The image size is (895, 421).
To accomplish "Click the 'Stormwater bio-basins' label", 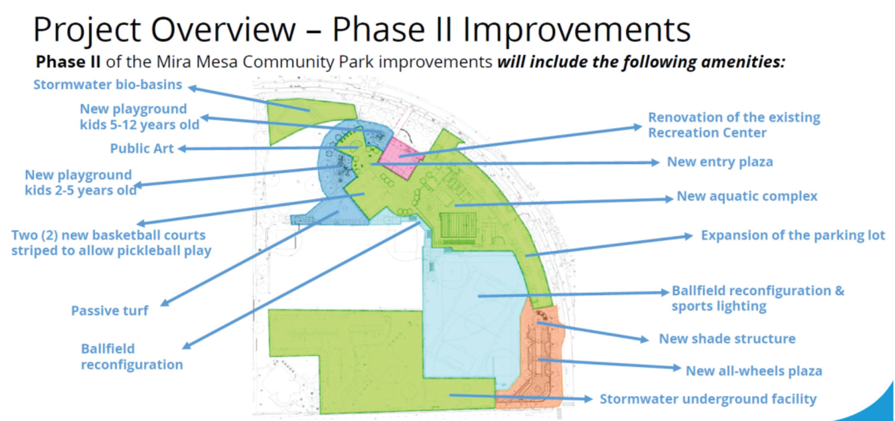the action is [x=108, y=84].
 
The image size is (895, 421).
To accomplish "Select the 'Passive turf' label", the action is [x=109, y=311].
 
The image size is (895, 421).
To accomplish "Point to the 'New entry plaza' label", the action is [x=720, y=162].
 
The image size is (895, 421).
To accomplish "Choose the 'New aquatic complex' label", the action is [x=747, y=196].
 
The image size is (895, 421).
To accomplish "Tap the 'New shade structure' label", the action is [x=727, y=339].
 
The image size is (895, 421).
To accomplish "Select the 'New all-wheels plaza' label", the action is [x=754, y=371].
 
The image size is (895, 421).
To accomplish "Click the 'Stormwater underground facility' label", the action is [x=708, y=399].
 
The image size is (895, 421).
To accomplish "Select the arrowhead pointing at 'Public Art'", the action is [x=182, y=149].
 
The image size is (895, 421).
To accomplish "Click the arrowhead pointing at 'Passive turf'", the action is [x=165, y=303].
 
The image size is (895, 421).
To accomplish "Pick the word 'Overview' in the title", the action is [x=223, y=30].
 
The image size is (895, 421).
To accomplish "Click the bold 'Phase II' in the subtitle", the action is [x=68, y=62].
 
